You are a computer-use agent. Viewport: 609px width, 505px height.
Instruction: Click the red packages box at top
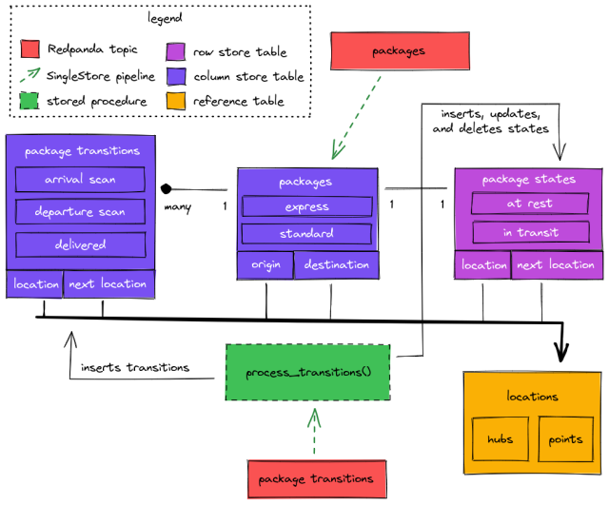[x=400, y=51]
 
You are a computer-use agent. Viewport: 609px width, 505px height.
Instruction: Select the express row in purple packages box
[x=306, y=206]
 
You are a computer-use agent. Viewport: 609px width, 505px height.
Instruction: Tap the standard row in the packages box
[x=306, y=233]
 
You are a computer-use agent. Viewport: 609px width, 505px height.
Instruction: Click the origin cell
[x=265, y=264]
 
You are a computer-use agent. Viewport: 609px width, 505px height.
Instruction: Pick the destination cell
[x=336, y=264]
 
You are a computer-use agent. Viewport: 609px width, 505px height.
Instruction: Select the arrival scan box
[x=80, y=180]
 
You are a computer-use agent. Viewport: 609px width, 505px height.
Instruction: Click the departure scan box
[x=80, y=211]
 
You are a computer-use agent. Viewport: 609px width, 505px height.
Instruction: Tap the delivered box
[x=80, y=244]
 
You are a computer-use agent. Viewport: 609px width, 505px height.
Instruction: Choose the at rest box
[x=528, y=204]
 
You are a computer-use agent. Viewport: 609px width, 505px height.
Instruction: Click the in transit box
[x=530, y=232]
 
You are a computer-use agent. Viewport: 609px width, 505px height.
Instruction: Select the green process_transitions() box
[x=307, y=372]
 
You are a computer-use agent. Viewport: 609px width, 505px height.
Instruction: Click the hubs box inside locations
[x=500, y=439]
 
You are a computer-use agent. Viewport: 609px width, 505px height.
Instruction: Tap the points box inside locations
[x=565, y=439]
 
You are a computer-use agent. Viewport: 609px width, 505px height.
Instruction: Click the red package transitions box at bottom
[x=316, y=478]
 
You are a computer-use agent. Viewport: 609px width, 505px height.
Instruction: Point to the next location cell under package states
[x=557, y=264]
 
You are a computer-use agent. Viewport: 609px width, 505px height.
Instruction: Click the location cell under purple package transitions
[x=35, y=283]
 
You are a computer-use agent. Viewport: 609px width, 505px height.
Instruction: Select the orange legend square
[x=176, y=101]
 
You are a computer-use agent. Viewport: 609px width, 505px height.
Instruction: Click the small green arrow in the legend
[x=30, y=73]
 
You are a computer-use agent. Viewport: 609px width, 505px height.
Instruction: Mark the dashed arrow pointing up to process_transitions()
[x=314, y=429]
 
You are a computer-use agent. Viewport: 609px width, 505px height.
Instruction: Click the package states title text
[x=528, y=179]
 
